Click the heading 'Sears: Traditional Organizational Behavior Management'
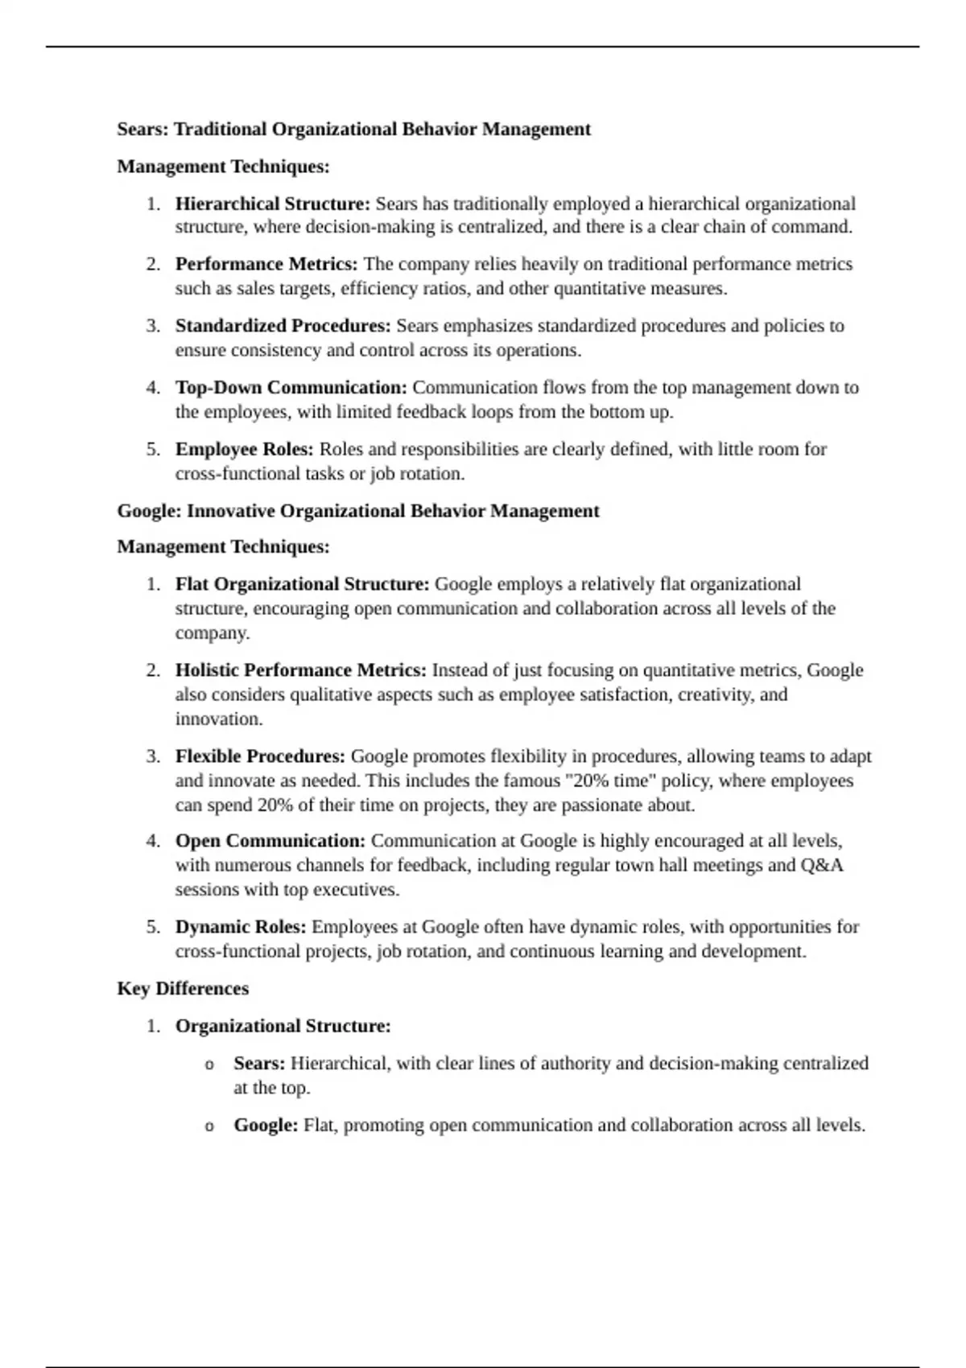pyautogui.click(x=353, y=130)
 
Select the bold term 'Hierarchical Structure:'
pyautogui.click(x=273, y=204)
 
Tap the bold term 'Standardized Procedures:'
pyautogui.click(x=283, y=326)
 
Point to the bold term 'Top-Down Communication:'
pyautogui.click(x=291, y=388)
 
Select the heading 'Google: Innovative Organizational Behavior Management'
pyautogui.click(x=358, y=511)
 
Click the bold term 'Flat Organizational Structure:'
pyautogui.click(x=303, y=584)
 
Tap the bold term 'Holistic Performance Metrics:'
pyautogui.click(x=301, y=670)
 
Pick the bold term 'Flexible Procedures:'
pyautogui.click(x=260, y=756)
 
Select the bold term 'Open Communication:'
pyautogui.click(x=270, y=841)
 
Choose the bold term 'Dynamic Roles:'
pyautogui.click(x=241, y=927)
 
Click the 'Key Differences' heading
pyautogui.click(x=183, y=988)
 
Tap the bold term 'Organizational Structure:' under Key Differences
pyautogui.click(x=283, y=1026)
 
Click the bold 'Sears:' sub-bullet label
pyautogui.click(x=259, y=1064)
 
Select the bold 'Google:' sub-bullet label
pyautogui.click(x=266, y=1125)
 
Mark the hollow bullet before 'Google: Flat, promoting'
pyautogui.click(x=209, y=1127)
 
